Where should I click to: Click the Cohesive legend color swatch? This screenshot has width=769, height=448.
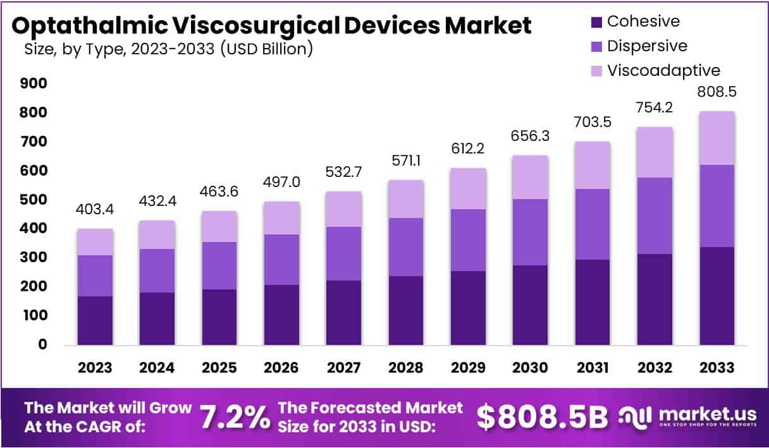595,22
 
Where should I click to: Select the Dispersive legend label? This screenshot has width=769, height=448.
647,45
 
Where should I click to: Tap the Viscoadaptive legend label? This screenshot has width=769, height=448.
663,70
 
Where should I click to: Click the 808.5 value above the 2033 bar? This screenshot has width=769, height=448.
717,92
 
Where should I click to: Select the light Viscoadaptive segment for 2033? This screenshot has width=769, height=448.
717,138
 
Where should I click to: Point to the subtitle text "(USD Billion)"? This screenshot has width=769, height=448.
267,49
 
